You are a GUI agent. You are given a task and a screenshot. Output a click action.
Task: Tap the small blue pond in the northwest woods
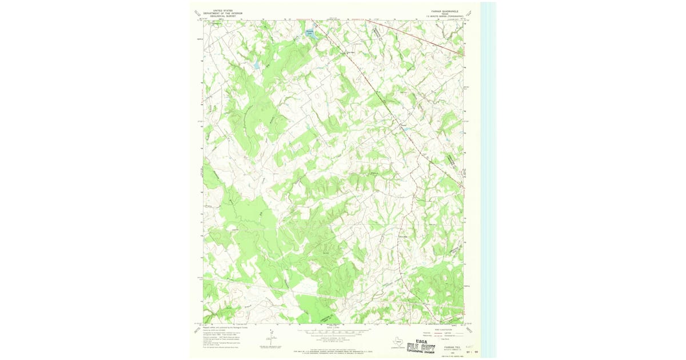[257, 66]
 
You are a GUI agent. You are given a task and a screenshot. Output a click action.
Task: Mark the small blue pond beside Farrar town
[406, 129]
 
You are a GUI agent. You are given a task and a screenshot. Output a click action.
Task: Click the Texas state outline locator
[394, 343]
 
